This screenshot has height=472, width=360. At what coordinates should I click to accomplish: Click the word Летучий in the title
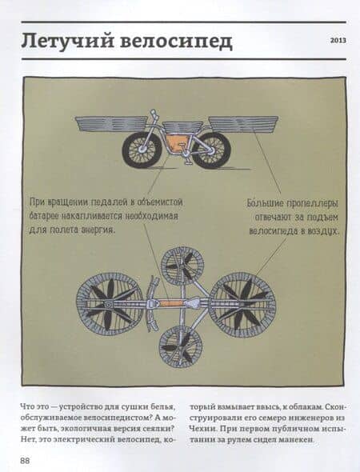coord(68,41)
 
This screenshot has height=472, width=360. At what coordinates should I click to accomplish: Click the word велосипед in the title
coord(176,42)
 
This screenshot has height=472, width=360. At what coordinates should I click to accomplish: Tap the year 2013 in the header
coord(338,40)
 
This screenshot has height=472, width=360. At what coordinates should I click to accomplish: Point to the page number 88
coord(25,461)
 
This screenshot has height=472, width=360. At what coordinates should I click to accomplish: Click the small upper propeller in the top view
coord(182,266)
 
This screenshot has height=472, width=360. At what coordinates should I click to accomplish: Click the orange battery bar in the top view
coord(170,303)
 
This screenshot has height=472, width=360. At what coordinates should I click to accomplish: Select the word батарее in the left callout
coord(45,216)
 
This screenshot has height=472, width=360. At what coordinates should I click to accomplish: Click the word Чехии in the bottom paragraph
coord(201,428)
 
